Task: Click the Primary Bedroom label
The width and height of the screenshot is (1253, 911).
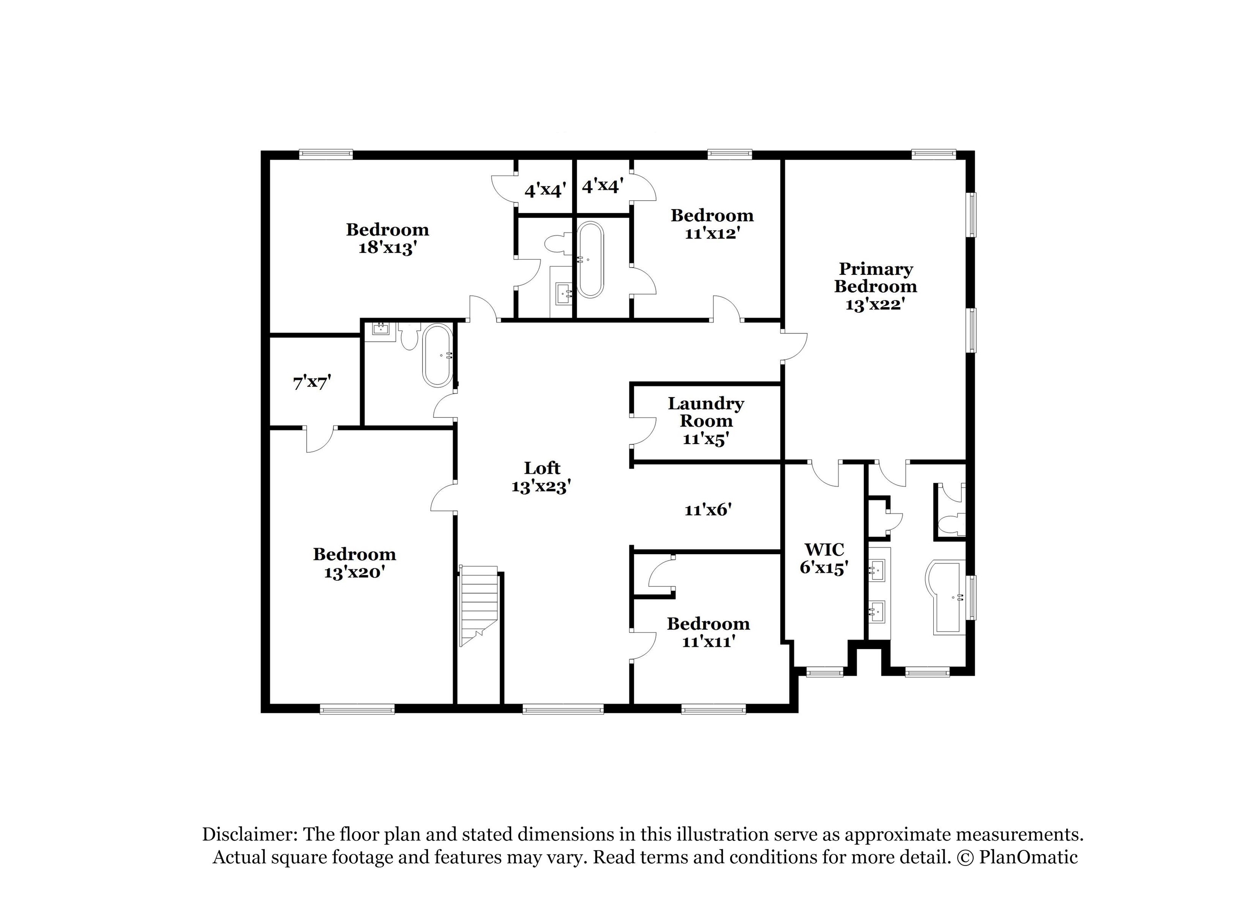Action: (875, 286)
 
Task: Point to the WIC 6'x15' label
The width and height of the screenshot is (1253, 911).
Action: (824, 559)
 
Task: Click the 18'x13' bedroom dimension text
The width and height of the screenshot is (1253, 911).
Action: (387, 248)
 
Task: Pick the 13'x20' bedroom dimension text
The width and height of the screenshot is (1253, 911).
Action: (354, 573)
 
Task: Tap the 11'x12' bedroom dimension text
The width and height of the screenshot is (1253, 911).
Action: (712, 233)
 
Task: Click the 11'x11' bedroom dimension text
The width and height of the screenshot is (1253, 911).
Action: (708, 641)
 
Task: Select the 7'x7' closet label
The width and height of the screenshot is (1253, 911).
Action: (312, 382)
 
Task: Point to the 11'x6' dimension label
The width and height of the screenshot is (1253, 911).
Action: (708, 509)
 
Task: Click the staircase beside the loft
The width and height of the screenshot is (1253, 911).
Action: (478, 606)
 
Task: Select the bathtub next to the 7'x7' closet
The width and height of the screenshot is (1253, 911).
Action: (438, 356)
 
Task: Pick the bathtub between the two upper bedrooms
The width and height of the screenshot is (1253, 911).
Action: (591, 260)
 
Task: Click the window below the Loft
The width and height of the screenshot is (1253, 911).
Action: (563, 709)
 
